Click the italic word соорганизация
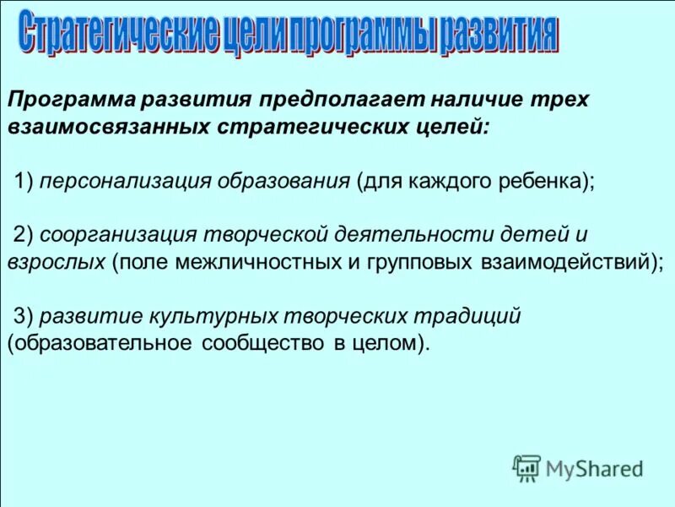coord(113,233)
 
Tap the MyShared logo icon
coord(526,467)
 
